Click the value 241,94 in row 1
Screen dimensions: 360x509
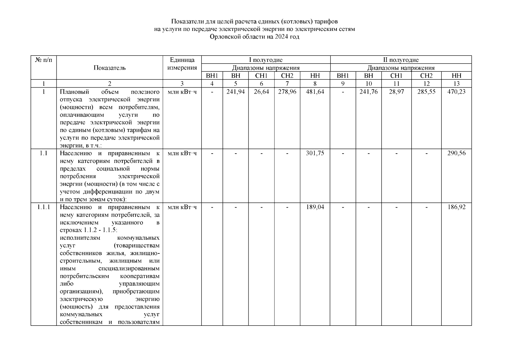click(235, 92)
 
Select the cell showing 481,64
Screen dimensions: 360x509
click(315, 92)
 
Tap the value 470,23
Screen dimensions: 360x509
click(456, 92)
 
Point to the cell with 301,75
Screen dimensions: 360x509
click(315, 153)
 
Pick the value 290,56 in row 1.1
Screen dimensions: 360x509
click(456, 153)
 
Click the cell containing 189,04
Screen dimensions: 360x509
click(315, 207)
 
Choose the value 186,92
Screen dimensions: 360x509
click(456, 207)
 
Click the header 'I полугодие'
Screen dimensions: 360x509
click(266, 60)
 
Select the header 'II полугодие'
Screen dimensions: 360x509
click(401, 60)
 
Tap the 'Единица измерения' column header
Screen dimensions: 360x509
click(182, 64)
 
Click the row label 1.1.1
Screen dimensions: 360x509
click(43, 207)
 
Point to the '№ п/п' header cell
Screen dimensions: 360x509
click(43, 60)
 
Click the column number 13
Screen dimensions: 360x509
click(456, 84)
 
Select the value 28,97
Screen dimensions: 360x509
click(396, 92)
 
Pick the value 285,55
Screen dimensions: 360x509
click(426, 92)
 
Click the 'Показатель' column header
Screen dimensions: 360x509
click(109, 68)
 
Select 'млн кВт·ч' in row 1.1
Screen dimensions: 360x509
click(182, 153)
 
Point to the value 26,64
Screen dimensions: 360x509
click(261, 92)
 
